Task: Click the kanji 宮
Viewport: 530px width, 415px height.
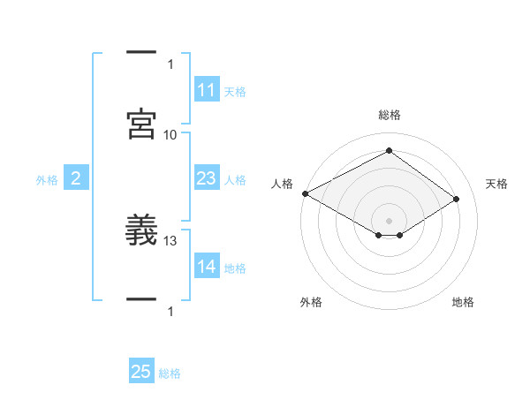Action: click(x=142, y=123)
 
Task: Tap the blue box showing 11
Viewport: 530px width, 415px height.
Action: click(x=207, y=90)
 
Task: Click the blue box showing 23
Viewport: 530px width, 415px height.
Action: click(x=207, y=179)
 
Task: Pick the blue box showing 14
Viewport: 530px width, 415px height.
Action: click(x=207, y=268)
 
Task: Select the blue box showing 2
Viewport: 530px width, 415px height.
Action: click(x=76, y=179)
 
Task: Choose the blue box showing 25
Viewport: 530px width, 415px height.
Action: click(x=141, y=373)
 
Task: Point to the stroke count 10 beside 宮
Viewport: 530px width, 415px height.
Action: click(x=170, y=134)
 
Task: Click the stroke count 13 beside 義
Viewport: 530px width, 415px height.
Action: click(x=170, y=240)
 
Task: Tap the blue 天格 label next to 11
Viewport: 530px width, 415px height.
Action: click(x=235, y=91)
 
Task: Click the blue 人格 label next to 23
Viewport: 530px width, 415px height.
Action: click(x=235, y=180)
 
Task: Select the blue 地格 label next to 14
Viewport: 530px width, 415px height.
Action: click(x=235, y=268)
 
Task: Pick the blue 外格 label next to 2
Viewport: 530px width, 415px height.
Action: click(x=47, y=180)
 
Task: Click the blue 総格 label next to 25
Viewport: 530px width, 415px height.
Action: click(x=170, y=373)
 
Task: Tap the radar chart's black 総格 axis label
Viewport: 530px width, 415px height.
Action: click(x=389, y=115)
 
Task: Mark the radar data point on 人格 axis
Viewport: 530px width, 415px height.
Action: click(x=305, y=193)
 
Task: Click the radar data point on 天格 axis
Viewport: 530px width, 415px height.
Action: click(x=457, y=200)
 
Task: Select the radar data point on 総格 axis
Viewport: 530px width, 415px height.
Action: click(x=389, y=151)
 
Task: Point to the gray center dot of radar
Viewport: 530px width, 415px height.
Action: click(x=389, y=220)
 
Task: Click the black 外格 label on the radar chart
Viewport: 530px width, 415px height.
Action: click(x=311, y=302)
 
